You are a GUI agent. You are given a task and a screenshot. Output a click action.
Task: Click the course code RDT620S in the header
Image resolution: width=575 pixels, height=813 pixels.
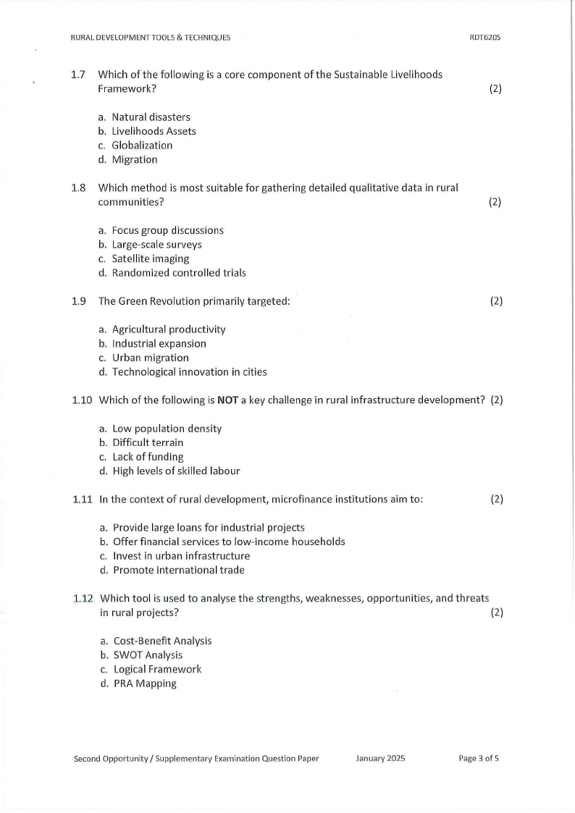point(485,38)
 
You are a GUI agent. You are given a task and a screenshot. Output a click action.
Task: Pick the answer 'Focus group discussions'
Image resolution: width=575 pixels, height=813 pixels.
point(167,230)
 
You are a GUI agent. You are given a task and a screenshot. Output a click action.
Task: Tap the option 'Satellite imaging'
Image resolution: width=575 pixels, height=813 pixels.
point(150,258)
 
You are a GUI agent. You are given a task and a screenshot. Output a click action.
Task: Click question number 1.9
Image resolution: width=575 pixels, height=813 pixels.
point(79,301)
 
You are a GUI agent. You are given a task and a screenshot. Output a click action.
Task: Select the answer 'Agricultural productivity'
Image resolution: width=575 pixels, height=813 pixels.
point(169,329)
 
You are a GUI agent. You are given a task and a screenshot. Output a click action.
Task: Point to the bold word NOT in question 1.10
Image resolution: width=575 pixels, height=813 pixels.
point(228,400)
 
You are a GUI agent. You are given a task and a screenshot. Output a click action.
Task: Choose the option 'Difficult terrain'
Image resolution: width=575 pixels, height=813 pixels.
point(148,442)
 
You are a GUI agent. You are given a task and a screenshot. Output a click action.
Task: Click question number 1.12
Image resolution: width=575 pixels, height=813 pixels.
point(83,599)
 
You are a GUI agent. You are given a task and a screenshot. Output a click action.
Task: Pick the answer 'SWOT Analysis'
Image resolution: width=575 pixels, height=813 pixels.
point(148,655)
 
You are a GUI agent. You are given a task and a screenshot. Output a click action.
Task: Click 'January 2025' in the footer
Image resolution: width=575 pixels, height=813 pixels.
point(380,759)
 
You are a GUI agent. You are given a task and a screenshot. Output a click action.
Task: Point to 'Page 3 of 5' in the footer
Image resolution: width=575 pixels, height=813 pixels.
point(479,759)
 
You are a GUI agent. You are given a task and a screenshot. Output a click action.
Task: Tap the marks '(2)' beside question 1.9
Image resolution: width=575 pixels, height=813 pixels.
point(496,301)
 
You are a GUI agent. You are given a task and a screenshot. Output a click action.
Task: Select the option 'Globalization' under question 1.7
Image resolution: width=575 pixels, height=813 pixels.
point(142,146)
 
